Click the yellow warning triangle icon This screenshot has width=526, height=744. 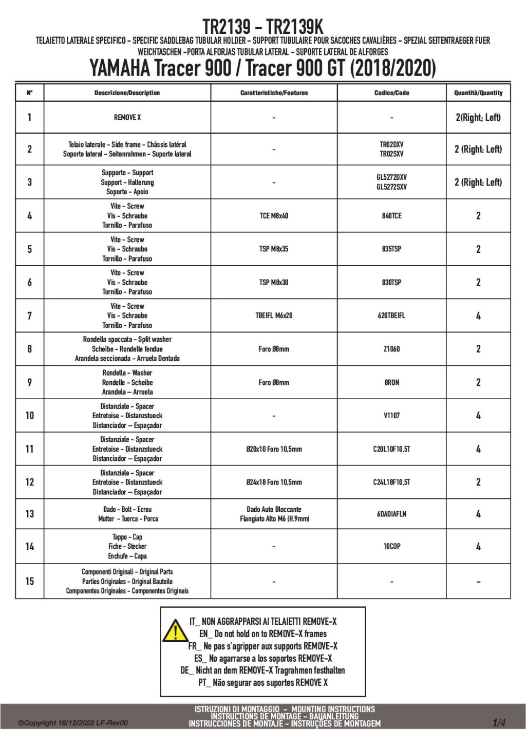click(x=175, y=630)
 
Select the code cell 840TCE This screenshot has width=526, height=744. click(x=391, y=216)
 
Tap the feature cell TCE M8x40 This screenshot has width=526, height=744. click(x=274, y=216)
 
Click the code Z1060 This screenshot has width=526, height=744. click(x=391, y=349)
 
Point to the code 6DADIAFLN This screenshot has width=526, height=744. click(x=391, y=514)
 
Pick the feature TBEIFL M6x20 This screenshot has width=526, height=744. click(x=274, y=315)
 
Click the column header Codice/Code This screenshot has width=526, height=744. click(x=391, y=93)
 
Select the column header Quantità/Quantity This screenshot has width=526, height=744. click(x=478, y=93)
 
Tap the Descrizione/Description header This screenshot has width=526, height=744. click(x=127, y=93)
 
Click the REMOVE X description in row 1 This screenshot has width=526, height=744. click(x=127, y=118)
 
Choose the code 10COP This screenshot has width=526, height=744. click(x=391, y=546)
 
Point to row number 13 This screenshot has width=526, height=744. click(x=29, y=514)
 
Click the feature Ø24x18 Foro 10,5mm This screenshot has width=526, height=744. click(x=274, y=482)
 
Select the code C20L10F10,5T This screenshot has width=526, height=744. click(x=391, y=449)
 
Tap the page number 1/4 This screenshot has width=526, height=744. click(x=499, y=723)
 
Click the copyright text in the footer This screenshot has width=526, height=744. click(x=73, y=723)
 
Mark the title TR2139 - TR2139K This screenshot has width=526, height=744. click(x=262, y=26)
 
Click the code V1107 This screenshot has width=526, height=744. click(x=391, y=416)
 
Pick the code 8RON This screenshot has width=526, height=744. click(x=391, y=382)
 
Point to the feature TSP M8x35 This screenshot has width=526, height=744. click(x=274, y=249)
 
